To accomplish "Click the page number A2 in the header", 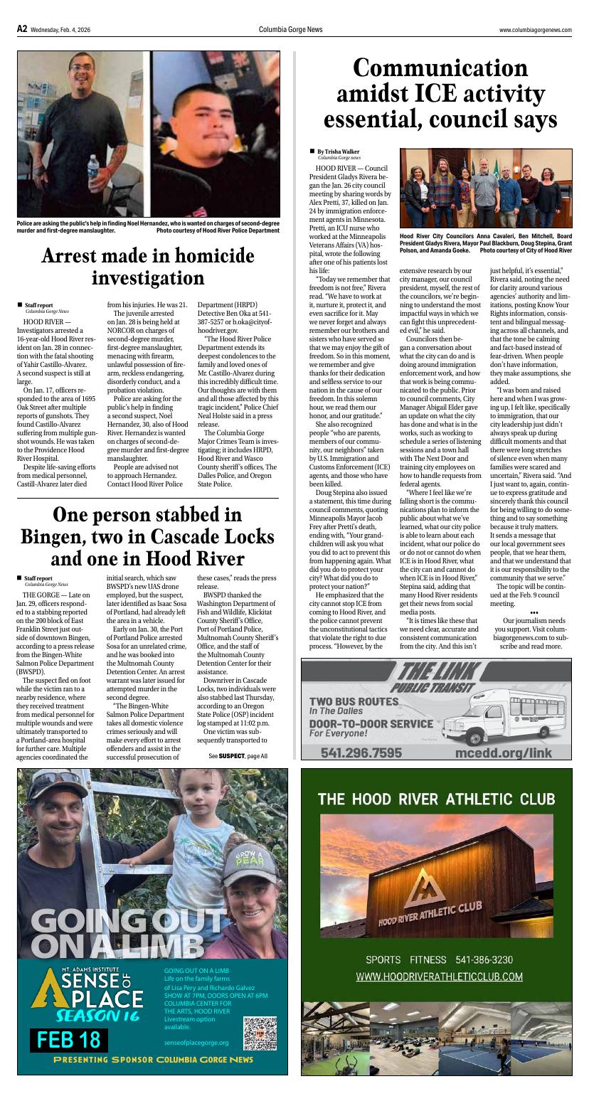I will click(22, 29).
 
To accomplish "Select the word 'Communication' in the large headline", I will click(441, 69).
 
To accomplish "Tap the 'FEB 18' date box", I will click(69, 1039).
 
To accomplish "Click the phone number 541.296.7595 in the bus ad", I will click(361, 752).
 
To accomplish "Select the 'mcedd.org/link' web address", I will click(504, 752).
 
